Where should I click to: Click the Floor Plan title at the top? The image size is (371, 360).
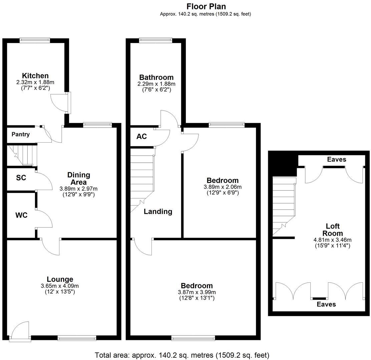click(206, 6)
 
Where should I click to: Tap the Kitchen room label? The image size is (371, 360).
click(35, 76)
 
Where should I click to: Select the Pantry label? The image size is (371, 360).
click(21, 134)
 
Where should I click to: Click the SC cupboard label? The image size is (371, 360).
click(21, 178)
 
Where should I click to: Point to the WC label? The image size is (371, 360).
click(21, 215)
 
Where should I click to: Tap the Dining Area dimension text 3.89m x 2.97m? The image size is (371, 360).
click(79, 189)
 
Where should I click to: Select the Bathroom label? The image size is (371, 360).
click(156, 77)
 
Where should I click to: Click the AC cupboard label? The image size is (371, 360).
click(141, 137)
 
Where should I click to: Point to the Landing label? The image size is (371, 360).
click(158, 211)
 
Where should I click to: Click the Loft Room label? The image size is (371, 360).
click(333, 230)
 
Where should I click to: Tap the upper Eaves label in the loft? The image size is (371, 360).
click(336, 160)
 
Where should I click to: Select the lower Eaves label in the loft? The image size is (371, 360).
click(326, 304)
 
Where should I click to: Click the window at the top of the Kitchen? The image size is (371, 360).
click(35, 40)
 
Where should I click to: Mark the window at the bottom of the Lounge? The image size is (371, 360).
click(77, 338)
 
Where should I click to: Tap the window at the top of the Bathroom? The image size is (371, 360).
click(156, 40)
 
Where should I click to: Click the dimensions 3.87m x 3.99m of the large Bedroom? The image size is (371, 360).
click(197, 292)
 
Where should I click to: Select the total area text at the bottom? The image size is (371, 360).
click(182, 355)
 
